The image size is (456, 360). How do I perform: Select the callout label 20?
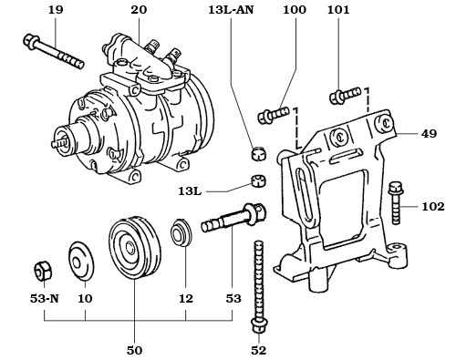(x=138, y=10)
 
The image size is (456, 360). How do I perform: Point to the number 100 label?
(x=295, y=10)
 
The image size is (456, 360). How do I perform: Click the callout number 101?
(x=337, y=10)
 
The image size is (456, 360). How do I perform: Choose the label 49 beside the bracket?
(x=430, y=132)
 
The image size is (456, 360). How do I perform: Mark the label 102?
(x=433, y=207)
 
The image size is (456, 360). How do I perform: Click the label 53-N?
(x=42, y=297)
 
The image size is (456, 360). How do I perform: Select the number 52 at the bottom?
(x=259, y=350)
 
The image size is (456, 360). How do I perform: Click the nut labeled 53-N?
(x=41, y=270)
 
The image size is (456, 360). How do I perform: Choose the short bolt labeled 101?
(x=340, y=94)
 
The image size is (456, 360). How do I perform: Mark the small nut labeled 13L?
(x=258, y=180)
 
